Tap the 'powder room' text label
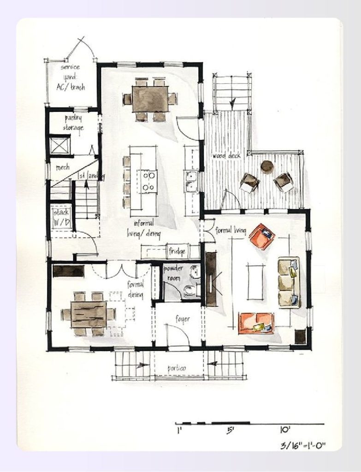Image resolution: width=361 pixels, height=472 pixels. coord(173,271)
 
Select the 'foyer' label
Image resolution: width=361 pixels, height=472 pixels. coord(183,319)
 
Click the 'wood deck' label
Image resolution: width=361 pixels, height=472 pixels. coord(226,156)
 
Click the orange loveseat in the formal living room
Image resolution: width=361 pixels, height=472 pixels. coord(256,323)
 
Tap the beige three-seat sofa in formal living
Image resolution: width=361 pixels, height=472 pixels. coord(289,282)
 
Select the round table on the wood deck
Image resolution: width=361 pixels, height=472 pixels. coord(267,166)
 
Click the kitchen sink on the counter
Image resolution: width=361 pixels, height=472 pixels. coord(191,181)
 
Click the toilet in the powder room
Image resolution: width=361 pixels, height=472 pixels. coord(190,290)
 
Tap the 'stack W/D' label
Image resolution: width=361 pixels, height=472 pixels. coord(61,217)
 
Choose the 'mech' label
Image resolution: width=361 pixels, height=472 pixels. coord(62,167)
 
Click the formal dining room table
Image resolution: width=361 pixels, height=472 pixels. coord(89,314)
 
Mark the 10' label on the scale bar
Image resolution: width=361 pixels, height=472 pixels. coord(284,430)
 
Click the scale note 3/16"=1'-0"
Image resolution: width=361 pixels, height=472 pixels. coord(303,445)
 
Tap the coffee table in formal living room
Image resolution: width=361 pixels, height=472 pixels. coord(254,281)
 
